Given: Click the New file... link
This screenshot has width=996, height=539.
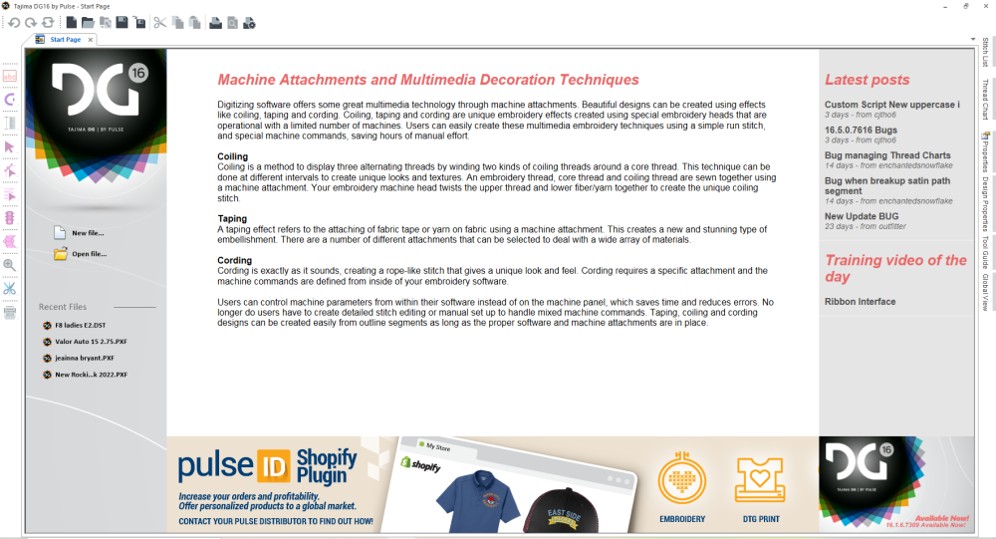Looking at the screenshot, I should coord(87,233).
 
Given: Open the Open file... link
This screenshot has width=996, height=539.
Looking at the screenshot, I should coord(88,254).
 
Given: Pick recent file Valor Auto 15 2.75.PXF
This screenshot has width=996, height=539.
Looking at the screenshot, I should coord(91,341).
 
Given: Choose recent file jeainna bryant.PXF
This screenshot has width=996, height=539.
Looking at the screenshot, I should coord(84,358).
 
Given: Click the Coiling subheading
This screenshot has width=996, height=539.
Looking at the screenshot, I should coord(232,156).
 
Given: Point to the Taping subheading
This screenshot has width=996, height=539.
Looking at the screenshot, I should coord(232,218).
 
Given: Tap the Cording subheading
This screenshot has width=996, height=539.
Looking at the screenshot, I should coord(234,260).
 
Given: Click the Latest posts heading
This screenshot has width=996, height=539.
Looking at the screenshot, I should coord(867,80).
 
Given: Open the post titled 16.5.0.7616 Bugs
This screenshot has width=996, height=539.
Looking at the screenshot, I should coord(860,130).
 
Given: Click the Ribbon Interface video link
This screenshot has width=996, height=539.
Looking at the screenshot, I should coord(860,302).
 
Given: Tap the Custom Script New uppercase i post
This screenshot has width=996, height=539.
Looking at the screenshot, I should coord(891,104).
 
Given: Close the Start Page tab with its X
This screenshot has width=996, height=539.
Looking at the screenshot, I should coord(90,40).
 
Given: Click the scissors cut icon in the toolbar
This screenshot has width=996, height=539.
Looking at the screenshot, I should coord(159,22).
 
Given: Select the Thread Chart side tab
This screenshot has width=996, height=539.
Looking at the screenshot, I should coord(986,100).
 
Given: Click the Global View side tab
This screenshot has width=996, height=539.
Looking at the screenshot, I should coord(986,292).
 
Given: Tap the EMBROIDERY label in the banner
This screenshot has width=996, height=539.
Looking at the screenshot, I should coord(682,519).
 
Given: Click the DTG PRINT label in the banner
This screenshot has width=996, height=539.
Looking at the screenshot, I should coord(761,519).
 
